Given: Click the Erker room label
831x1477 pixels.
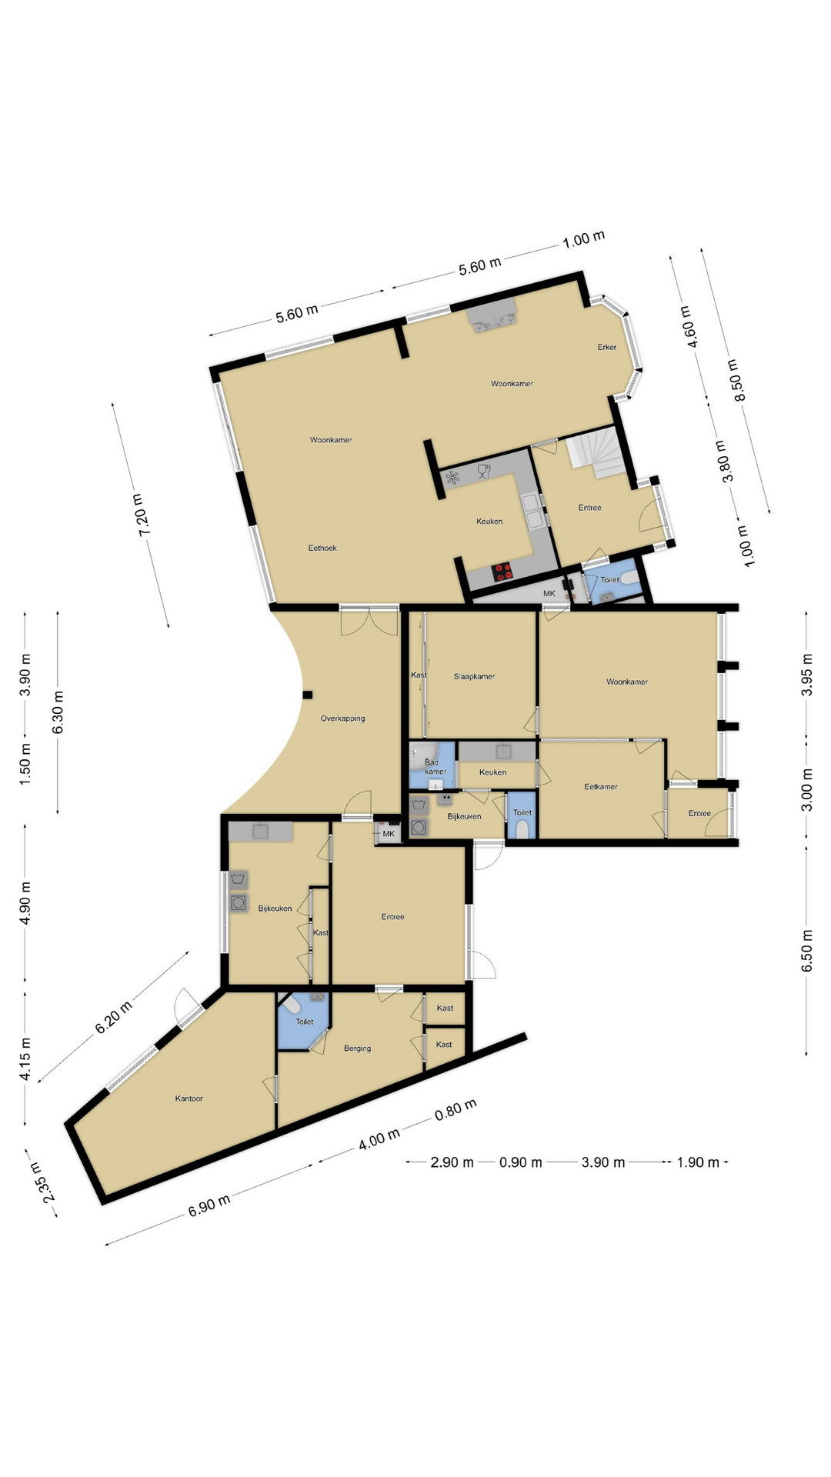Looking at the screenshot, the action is (x=607, y=347).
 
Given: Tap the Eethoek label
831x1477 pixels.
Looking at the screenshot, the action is (x=322, y=548).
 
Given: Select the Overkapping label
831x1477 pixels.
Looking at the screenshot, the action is (x=342, y=718).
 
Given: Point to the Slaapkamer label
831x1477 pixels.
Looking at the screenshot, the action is (x=474, y=676).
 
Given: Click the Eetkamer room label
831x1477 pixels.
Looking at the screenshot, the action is (x=601, y=787).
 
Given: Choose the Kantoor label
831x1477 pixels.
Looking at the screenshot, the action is (x=189, y=1099).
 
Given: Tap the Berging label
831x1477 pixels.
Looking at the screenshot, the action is (x=357, y=1049).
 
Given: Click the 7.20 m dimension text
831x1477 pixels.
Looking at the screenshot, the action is (x=143, y=515).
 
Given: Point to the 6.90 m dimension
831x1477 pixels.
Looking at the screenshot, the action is (x=209, y=1205).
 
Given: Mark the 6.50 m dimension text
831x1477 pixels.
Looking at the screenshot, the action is (x=807, y=951).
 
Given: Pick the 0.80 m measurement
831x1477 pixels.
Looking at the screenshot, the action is (x=456, y=1110).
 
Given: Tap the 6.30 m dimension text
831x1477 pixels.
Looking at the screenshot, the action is (x=58, y=712).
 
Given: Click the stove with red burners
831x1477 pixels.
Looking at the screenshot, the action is (x=503, y=571).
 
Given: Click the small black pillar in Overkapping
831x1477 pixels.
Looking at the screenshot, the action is (x=308, y=695).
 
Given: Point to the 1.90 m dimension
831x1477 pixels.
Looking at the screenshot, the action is (x=698, y=1162).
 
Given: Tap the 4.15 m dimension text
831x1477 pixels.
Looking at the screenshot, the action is (x=25, y=1059).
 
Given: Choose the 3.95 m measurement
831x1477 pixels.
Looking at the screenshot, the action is (x=807, y=675).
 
